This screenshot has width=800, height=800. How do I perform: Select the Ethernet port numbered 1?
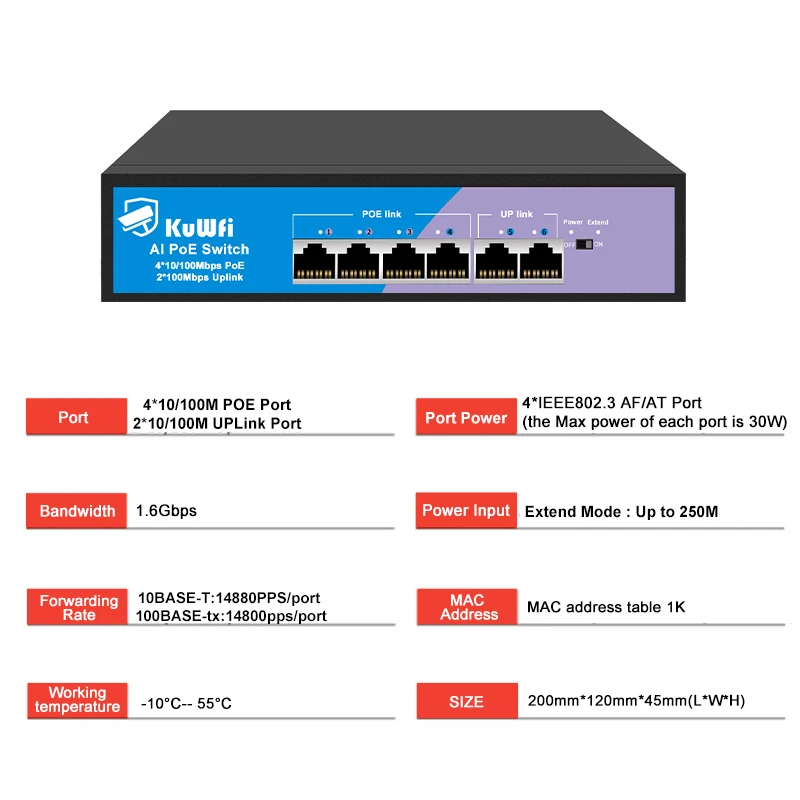click(x=314, y=262)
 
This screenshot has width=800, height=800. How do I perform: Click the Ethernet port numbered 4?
click(x=447, y=262)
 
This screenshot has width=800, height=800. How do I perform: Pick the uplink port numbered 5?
click(x=496, y=262)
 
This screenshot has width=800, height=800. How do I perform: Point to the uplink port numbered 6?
click(x=540, y=262)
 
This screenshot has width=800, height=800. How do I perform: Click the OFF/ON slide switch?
click(x=584, y=244)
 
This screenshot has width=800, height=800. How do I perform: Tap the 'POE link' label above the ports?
click(x=380, y=214)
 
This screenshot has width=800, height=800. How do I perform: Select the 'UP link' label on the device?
click(x=517, y=214)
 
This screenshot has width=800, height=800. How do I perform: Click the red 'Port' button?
click(x=73, y=417)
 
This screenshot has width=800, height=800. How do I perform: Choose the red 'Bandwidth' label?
click(x=77, y=511)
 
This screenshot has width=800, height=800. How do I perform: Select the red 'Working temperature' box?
click(x=77, y=700)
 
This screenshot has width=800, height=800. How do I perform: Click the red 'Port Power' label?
click(x=466, y=417)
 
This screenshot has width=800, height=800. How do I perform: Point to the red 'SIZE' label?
click(x=466, y=702)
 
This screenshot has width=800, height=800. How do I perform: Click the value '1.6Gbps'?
click(x=166, y=511)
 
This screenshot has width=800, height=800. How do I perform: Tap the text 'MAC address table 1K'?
click(x=606, y=607)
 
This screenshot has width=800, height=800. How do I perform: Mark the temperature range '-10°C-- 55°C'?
click(x=186, y=704)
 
